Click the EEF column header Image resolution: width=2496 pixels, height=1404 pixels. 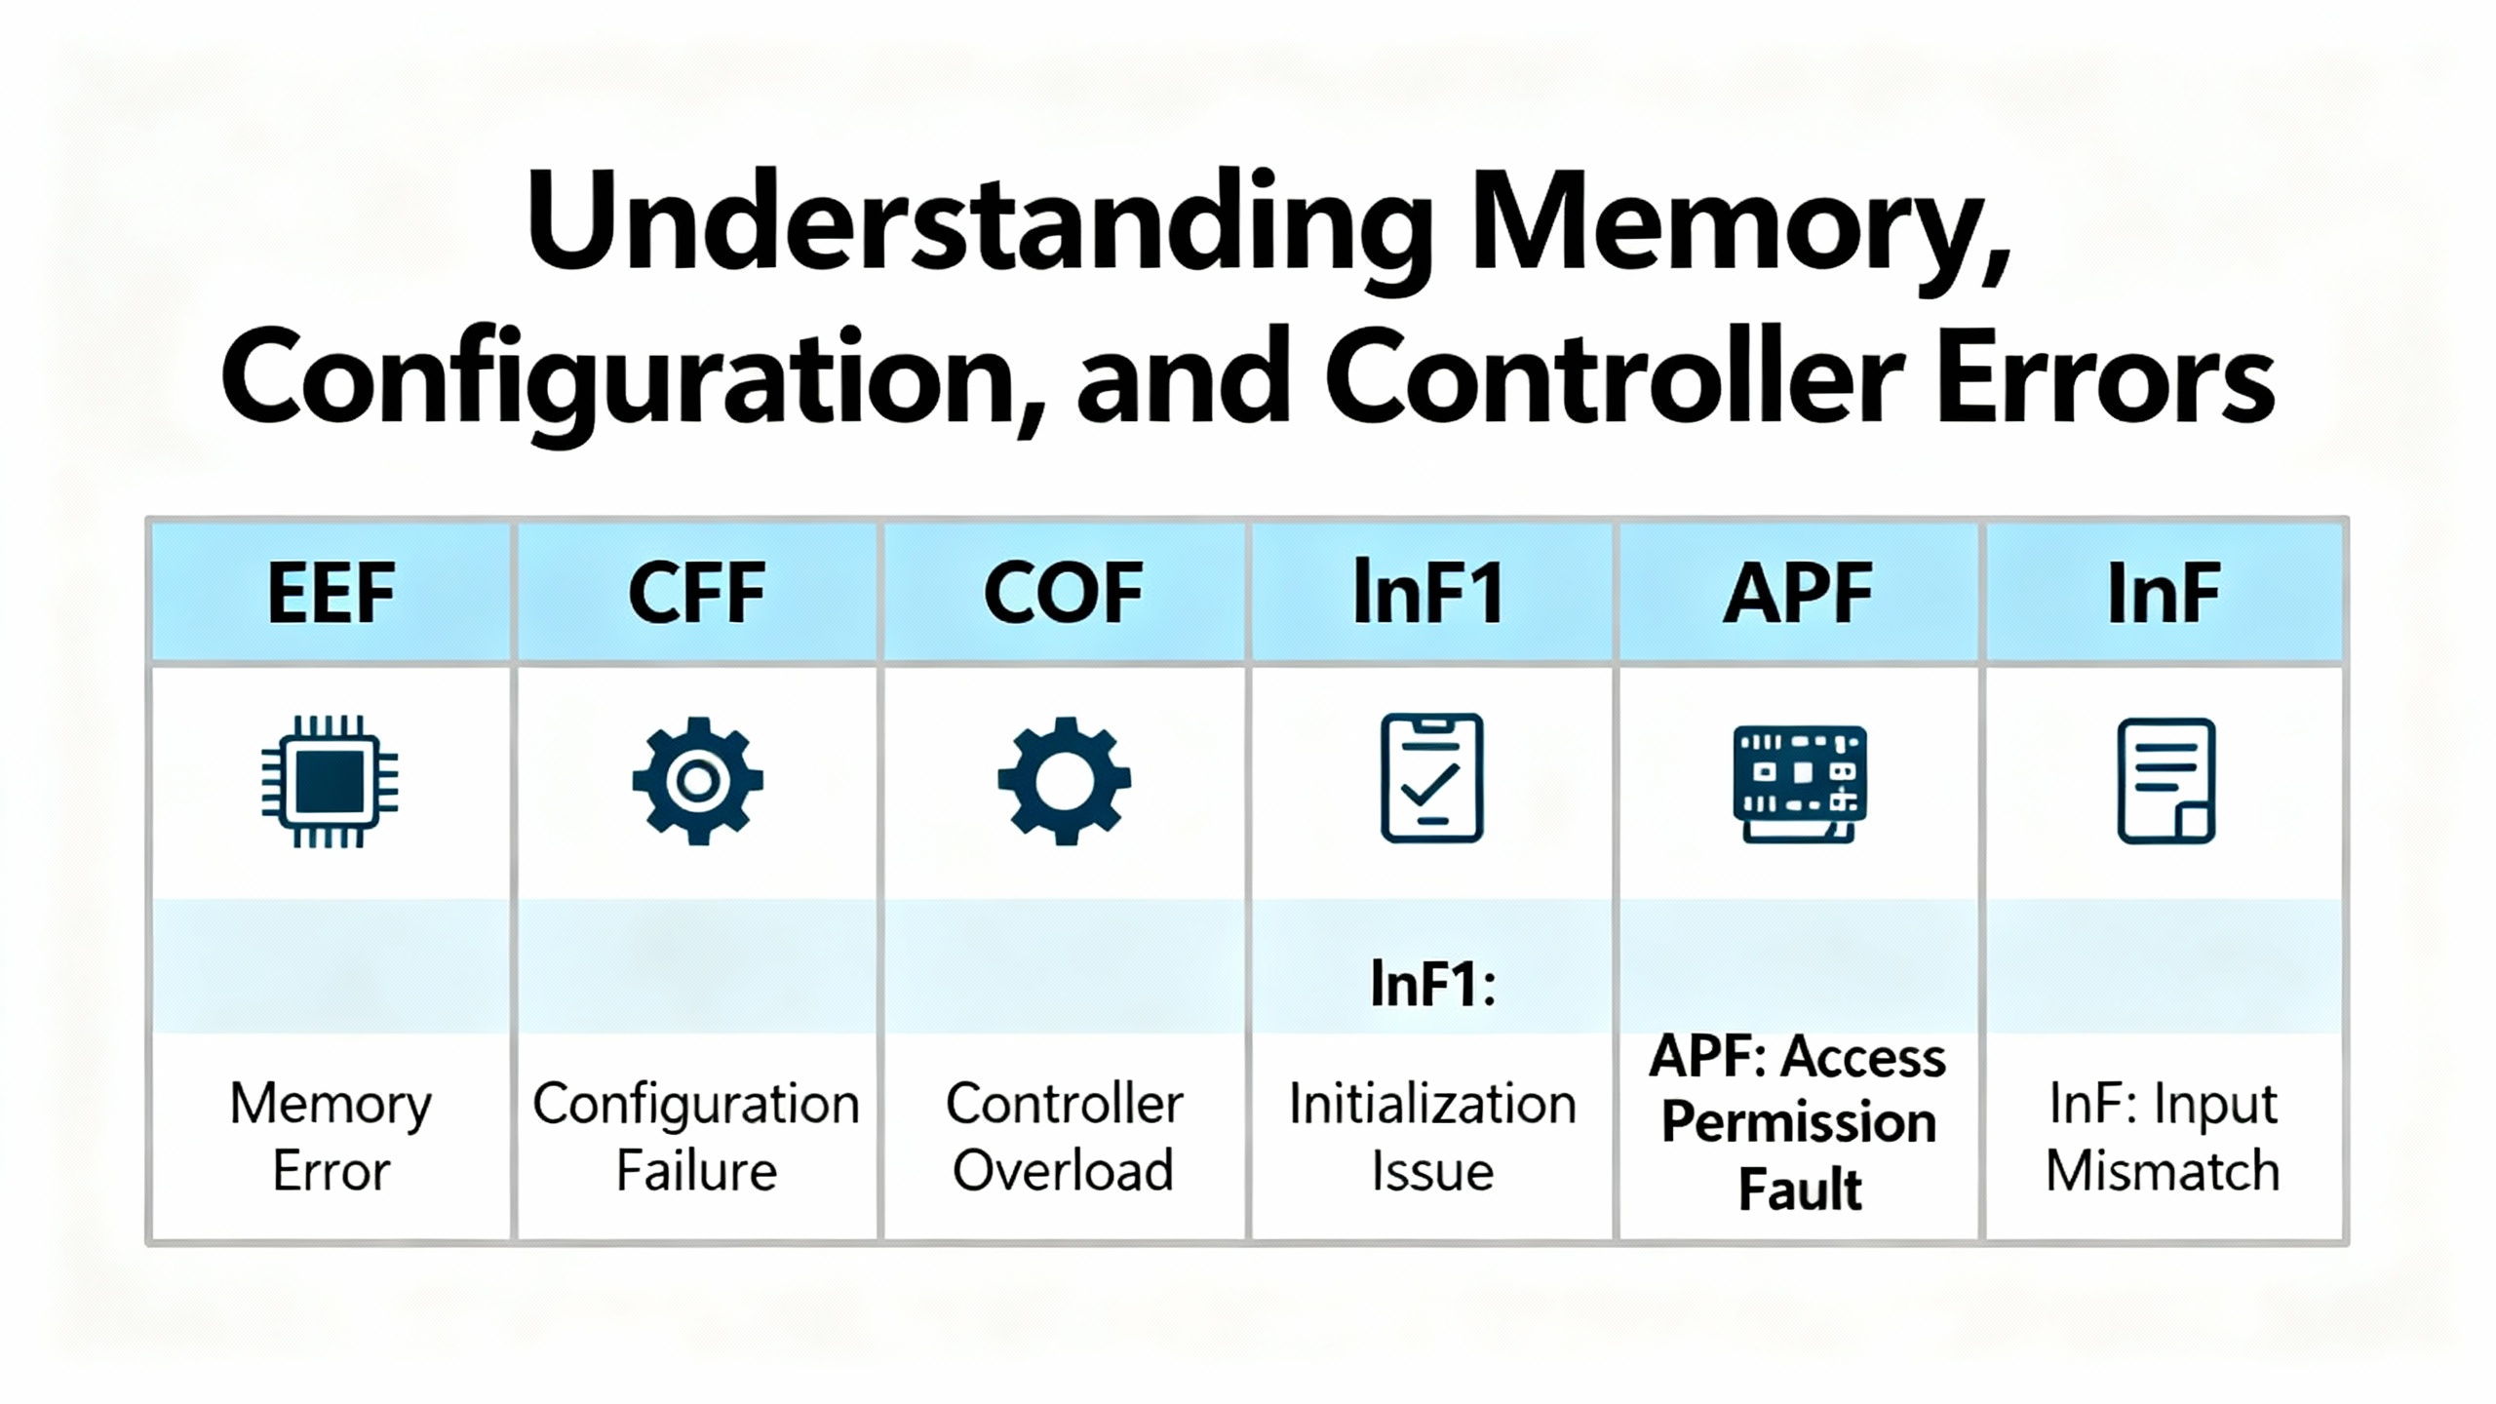pos(331,593)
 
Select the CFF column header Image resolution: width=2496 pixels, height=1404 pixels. pos(696,593)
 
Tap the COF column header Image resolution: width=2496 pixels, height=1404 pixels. pos(1063,593)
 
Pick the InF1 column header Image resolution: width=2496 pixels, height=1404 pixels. pos(1429,593)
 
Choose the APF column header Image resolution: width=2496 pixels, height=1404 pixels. pos(1798,593)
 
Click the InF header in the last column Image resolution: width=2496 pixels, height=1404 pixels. pos(2164,593)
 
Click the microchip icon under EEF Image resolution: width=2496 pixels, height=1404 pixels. pos(330,781)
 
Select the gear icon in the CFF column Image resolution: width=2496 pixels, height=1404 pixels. pos(697,781)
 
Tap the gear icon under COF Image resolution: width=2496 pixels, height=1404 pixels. pos(1064,781)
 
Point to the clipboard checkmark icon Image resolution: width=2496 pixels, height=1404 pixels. pos(1431,778)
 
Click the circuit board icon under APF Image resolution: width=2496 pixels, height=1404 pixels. pos(1799,783)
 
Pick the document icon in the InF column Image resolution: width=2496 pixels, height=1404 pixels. pos(2165,781)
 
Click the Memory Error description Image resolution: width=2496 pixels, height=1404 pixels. pos(331,1137)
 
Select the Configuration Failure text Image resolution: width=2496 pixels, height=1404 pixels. pos(696,1137)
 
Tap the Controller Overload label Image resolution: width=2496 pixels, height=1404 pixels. pos(1064,1137)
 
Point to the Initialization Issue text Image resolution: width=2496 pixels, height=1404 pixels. pos(1431,1137)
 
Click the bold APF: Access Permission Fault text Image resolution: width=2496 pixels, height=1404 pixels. pos(1798,1123)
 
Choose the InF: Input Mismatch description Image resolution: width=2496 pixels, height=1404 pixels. pos(2164,1137)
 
